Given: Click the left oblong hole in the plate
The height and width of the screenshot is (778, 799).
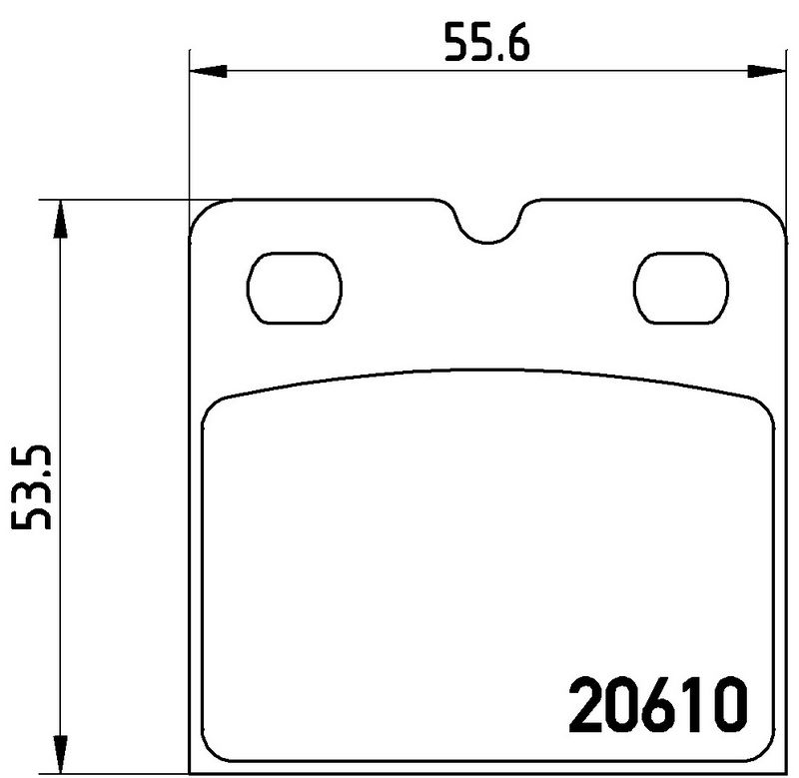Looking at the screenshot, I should (x=295, y=289).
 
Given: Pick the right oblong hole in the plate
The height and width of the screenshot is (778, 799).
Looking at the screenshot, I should (x=678, y=289).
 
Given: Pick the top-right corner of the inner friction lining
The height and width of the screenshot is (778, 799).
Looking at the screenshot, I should (x=761, y=404).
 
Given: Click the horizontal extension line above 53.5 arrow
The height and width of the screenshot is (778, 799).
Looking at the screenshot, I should (x=110, y=199).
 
